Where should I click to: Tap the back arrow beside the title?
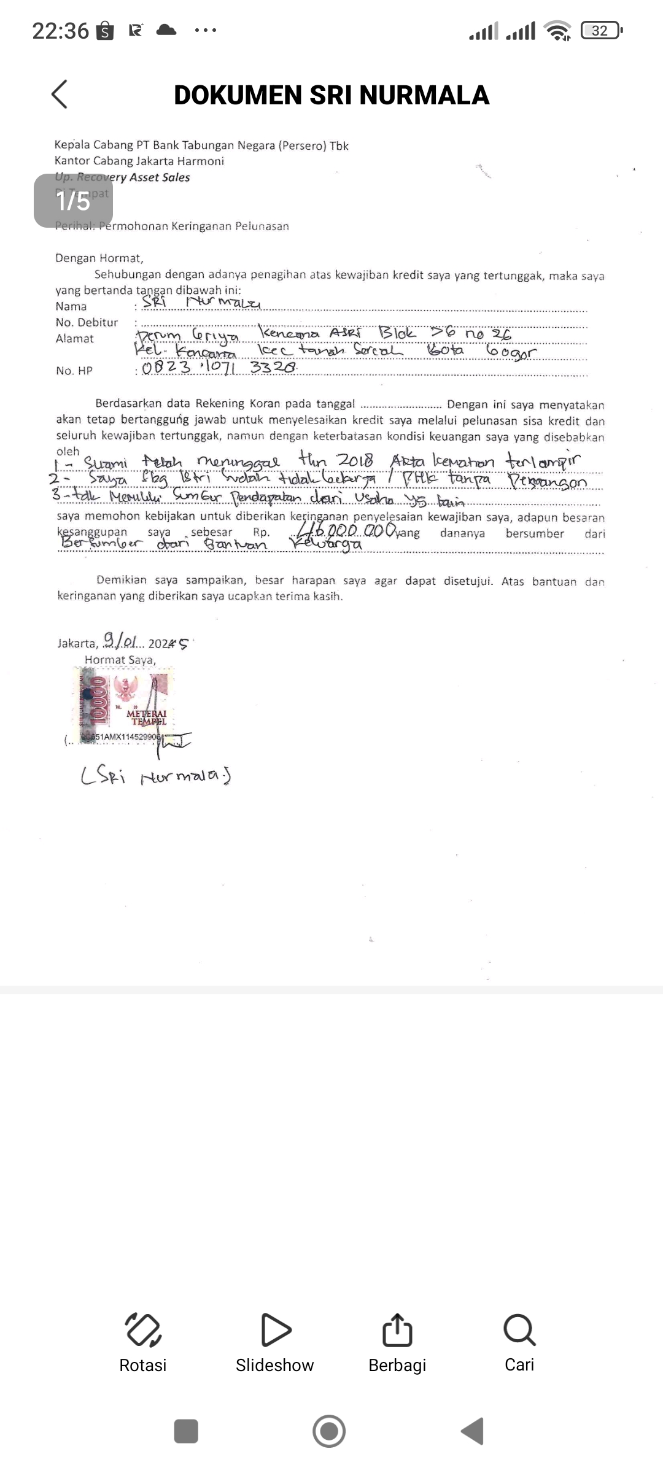60,95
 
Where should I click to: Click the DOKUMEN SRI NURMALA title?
331,95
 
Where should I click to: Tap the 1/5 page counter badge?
73,201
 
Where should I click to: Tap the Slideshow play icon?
276,1329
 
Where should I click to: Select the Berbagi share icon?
397,1329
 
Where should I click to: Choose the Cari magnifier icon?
519,1329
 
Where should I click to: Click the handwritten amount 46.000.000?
347,530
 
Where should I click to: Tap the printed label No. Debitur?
87,322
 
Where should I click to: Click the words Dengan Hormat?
99,258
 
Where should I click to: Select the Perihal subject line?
172,226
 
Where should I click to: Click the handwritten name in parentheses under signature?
156,776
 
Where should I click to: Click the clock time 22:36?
60,30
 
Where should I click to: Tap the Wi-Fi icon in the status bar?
558,30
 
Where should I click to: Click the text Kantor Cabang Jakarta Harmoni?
139,161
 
